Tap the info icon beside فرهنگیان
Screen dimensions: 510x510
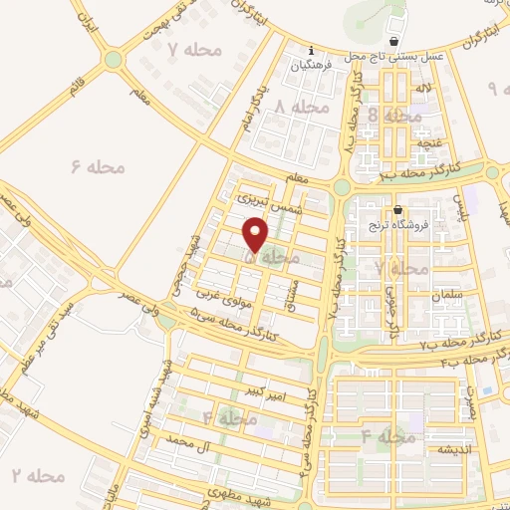[x=312, y=51]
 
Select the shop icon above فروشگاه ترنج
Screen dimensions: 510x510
[x=398, y=210]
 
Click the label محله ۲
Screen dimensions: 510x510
[x=38, y=476]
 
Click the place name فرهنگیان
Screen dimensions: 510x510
[x=310, y=67]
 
